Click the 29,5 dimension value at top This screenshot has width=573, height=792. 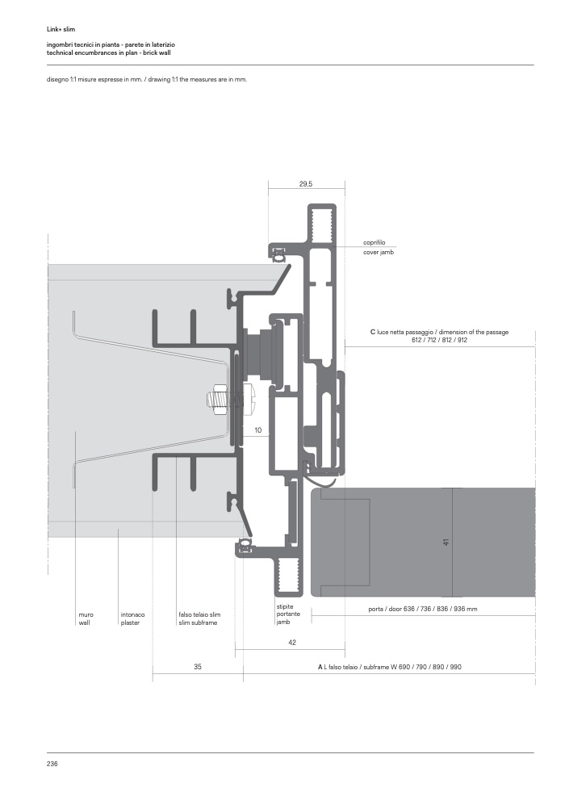coord(305,184)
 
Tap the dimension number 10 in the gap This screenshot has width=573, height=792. coord(258,430)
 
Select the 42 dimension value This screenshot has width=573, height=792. coord(292,643)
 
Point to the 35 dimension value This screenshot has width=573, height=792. coord(198,667)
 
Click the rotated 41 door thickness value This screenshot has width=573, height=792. coord(445,543)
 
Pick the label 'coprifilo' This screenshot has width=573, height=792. coord(374,242)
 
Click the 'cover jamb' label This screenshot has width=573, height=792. coord(379,252)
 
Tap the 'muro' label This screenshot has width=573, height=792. coord(86,614)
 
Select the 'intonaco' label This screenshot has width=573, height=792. coord(133,614)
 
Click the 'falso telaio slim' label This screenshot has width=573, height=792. coord(199,614)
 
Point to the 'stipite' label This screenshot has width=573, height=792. coord(285,606)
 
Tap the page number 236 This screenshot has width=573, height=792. coord(52,764)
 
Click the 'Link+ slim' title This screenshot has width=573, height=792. coord(61,29)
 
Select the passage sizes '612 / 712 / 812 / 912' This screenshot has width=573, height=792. coord(439,340)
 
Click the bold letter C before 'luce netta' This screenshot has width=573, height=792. coord(373,332)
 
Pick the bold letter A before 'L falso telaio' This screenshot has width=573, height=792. coord(320,667)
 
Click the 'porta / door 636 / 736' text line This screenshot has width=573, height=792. coord(423,609)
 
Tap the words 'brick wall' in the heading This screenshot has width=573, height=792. coord(157,52)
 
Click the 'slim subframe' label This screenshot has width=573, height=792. coord(198,622)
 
